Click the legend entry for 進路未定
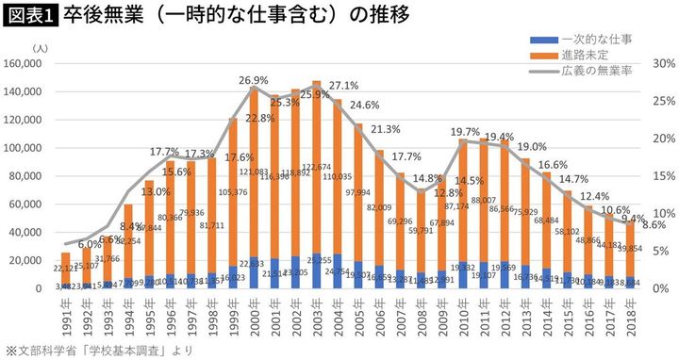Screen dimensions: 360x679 point(584,57)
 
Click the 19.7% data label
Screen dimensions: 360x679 point(464,132)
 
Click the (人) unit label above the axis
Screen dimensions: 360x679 point(39,46)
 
